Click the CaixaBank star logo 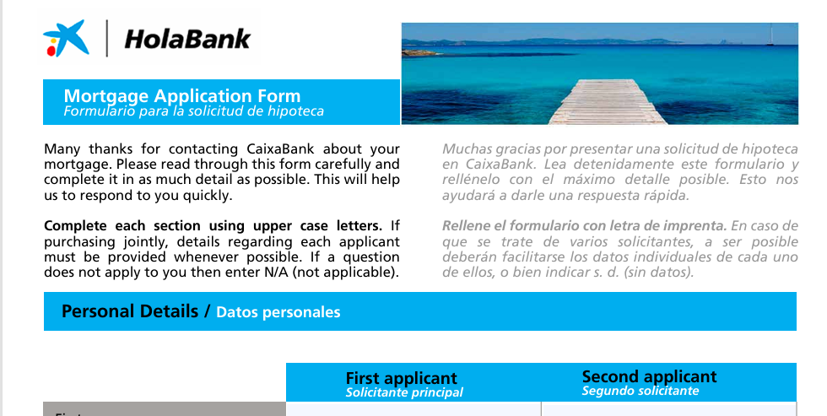point(65,38)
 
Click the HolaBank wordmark point(187,39)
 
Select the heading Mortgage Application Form point(182,95)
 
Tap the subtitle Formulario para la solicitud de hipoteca point(193,111)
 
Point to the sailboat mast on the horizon point(769,35)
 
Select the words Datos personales point(278,312)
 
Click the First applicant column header point(401,378)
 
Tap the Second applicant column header point(649,376)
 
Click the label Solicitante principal point(404,392)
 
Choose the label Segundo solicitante point(640,391)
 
